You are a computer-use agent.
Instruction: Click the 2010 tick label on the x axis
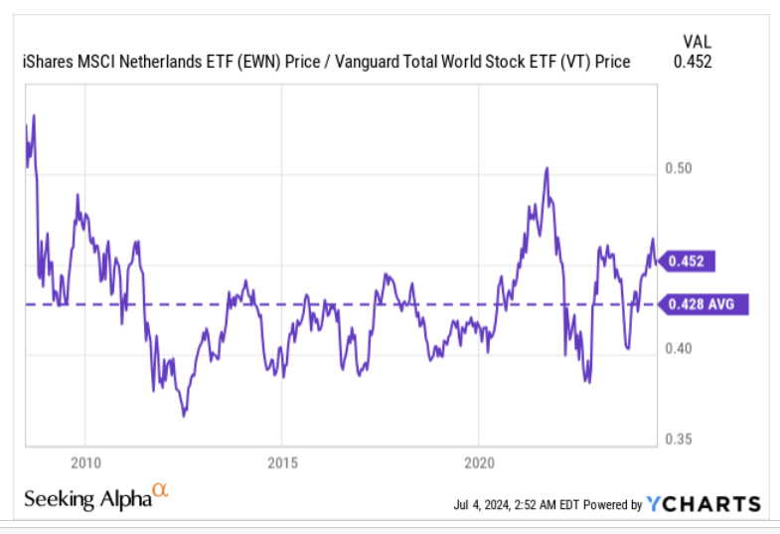85,461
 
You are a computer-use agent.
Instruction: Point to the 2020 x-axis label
479,461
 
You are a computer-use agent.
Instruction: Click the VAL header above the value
697,41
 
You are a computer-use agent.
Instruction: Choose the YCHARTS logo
703,504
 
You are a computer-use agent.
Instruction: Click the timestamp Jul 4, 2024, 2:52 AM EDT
516,505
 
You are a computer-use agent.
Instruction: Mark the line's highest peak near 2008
34,115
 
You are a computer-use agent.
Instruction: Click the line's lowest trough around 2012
184,415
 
